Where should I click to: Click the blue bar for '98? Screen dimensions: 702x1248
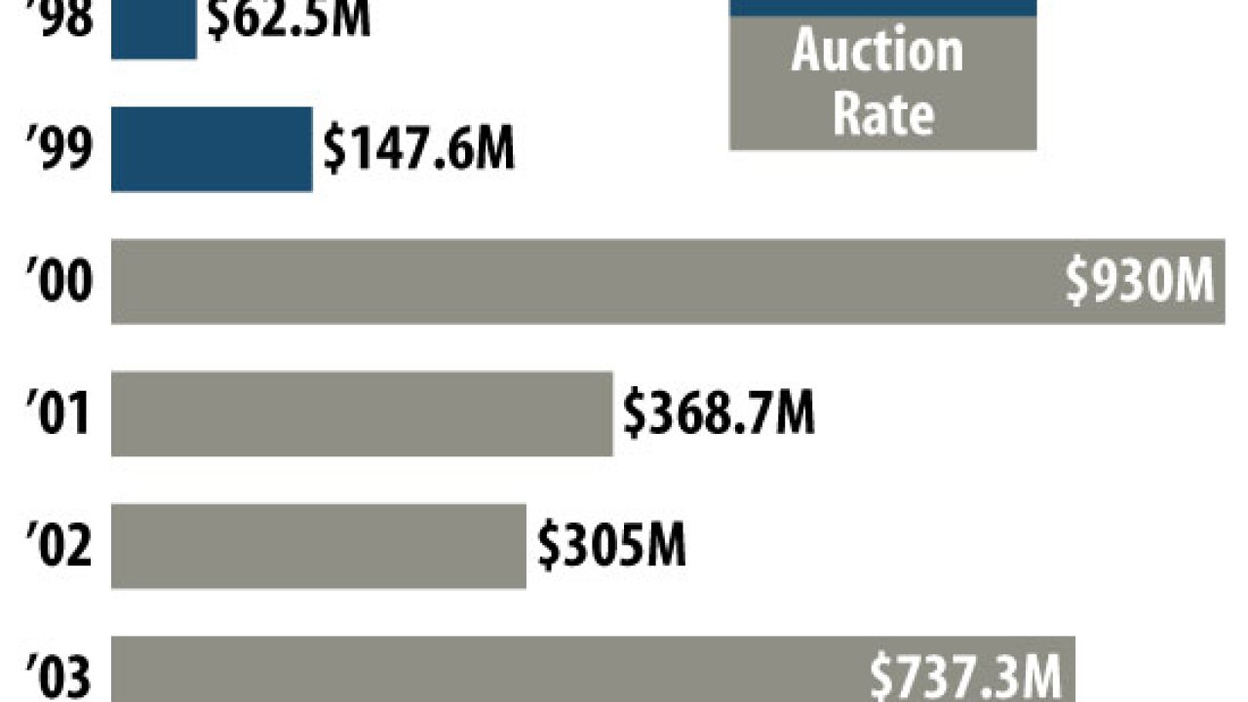pos(153,29)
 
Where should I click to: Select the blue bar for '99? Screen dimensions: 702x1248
pos(211,148)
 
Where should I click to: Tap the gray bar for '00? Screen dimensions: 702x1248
pos(585,281)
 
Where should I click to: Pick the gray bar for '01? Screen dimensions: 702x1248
pos(361,412)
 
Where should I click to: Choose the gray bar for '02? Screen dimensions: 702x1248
pos(318,545)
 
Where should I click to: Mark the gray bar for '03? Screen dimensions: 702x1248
pos(487,671)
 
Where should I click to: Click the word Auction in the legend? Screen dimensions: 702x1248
pos(877,51)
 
